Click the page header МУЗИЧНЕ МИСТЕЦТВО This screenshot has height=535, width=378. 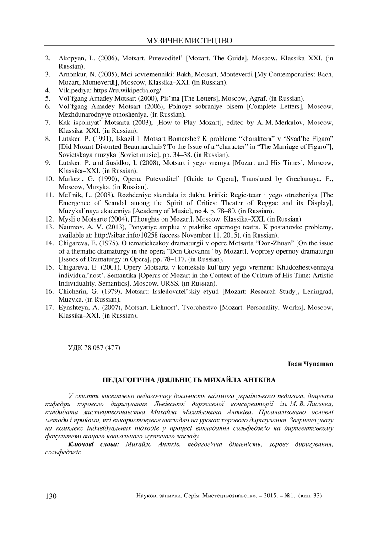coord(189,41)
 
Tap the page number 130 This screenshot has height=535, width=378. coord(50,496)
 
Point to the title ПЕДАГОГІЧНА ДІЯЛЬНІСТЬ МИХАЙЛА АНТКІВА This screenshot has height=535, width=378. coord(189,380)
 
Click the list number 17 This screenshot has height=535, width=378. coord(49,308)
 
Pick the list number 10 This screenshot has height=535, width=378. coord(49,178)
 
